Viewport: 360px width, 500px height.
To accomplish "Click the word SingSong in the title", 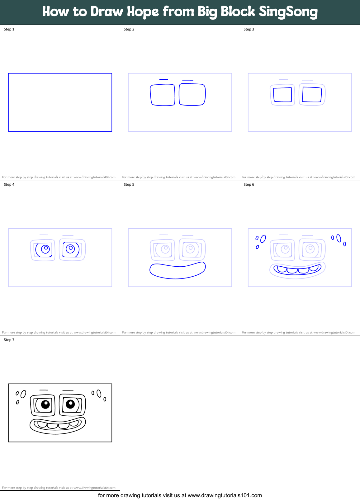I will (x=288, y=12).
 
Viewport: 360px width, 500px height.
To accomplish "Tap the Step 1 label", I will (x=9, y=29).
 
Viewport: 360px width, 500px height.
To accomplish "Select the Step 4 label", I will (x=9, y=185).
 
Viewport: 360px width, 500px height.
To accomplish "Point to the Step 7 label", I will (x=9, y=340).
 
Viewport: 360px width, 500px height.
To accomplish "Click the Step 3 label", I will (x=249, y=29).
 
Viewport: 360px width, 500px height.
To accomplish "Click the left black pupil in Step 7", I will (x=45, y=404).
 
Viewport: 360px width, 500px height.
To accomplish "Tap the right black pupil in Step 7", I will (x=70, y=404).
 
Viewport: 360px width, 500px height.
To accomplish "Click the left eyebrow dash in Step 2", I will (x=163, y=80).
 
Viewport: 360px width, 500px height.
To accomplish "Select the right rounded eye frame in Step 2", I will (x=192, y=95).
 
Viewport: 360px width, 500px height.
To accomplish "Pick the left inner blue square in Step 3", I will (x=282, y=95).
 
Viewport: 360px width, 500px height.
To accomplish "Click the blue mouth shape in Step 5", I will (x=177, y=271).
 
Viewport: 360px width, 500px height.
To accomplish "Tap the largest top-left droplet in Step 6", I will (x=263, y=239).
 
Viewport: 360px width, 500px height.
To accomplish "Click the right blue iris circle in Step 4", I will (x=71, y=249).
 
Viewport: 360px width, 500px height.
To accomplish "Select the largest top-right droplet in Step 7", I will (x=99, y=394).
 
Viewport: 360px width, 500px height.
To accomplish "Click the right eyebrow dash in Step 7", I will (x=68, y=390).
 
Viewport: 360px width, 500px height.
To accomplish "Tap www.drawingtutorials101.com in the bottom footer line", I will (x=225, y=495).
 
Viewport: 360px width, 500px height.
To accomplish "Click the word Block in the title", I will (x=238, y=12).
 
